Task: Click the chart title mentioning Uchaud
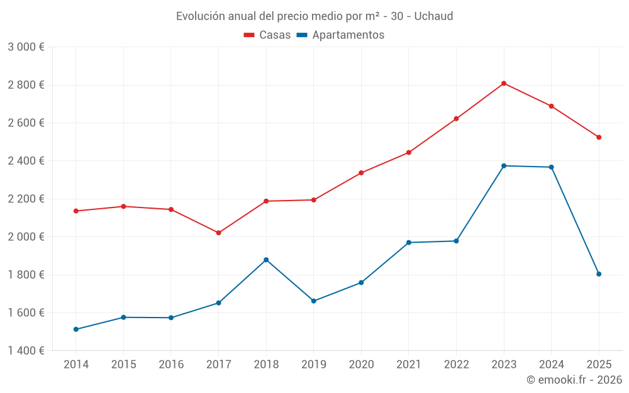[314, 16]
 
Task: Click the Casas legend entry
[268, 35]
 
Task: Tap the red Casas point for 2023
[504, 84]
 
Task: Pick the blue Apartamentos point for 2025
[599, 274]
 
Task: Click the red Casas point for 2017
[218, 233]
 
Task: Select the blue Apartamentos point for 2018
[266, 260]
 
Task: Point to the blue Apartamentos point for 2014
[76, 329]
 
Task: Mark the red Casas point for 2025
[599, 137]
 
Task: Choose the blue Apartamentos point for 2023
[504, 166]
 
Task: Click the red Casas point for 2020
[361, 173]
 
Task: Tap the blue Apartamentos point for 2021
[409, 243]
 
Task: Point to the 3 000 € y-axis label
[26, 47]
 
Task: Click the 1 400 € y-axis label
[26, 351]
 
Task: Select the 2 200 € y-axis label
[26, 199]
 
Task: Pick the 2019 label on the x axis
[313, 365]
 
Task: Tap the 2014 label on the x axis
[76, 365]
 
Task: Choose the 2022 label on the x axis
[456, 365]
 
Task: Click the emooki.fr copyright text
[574, 380]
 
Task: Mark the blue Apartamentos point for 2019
[314, 301]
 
